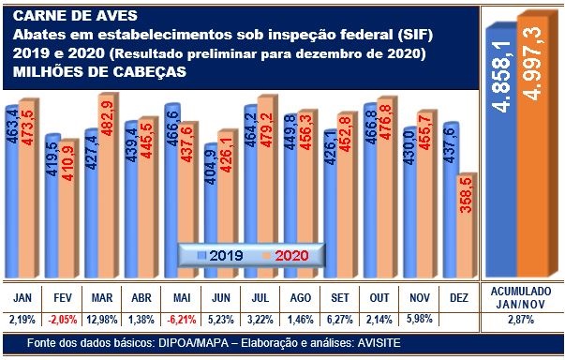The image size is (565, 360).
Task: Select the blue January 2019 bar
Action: click(x=12, y=187)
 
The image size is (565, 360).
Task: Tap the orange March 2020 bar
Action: click(x=106, y=178)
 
